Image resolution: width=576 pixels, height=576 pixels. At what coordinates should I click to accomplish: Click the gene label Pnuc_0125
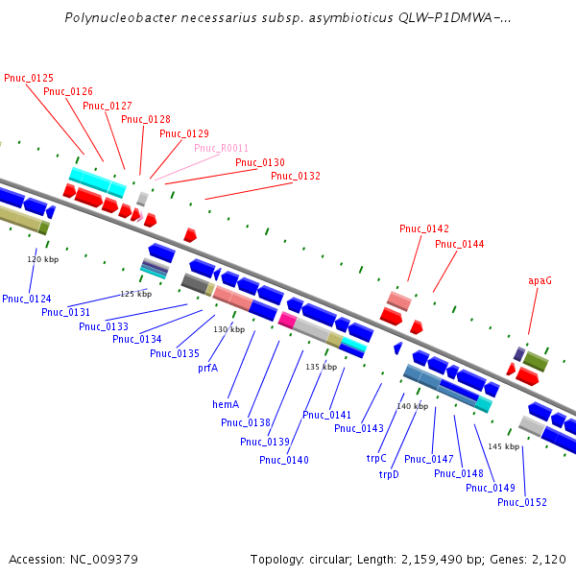pos(29,78)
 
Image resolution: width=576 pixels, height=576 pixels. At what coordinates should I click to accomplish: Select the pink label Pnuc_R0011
pos(221,149)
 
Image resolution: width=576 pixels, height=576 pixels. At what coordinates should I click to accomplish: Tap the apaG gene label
pos(540,281)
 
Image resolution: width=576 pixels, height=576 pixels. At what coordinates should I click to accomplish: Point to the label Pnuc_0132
pos(296,177)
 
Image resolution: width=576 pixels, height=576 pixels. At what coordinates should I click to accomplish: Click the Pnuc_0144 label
pos(460,245)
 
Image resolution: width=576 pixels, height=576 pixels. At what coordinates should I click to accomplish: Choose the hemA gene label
pos(226,405)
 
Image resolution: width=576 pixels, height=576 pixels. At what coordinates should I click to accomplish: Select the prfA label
pos(208,368)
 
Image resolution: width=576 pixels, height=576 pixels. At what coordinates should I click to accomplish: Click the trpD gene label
pos(389,474)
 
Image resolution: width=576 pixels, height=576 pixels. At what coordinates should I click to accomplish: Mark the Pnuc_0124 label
pos(27,300)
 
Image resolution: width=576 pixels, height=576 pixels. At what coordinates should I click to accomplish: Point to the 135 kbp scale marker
pos(321,367)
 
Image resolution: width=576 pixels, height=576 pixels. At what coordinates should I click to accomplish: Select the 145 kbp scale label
pos(502,446)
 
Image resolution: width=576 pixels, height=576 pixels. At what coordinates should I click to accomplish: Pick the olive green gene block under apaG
pos(535,361)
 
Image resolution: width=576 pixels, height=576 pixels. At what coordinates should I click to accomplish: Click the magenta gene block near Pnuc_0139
pos(286,320)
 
